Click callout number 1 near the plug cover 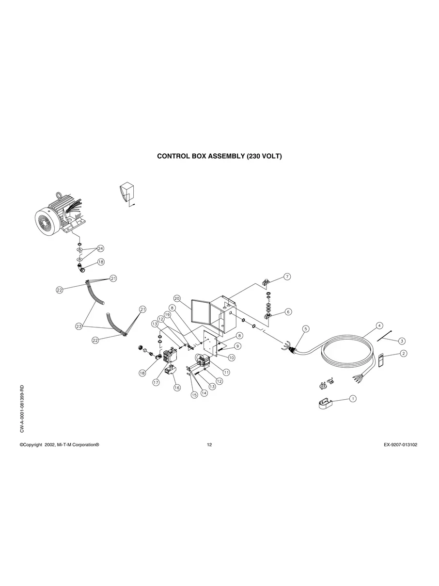point(353,398)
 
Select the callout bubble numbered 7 point(287,277)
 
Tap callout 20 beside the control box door point(177,298)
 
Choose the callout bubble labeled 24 point(100,248)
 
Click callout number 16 point(177,388)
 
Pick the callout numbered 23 point(79,326)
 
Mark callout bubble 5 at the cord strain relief point(306,329)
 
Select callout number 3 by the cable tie point(402,341)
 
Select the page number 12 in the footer point(209,445)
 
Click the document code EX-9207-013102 point(397,445)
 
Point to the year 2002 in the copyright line point(49,445)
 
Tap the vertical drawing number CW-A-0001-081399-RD point(22,409)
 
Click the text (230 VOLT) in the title point(264,157)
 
